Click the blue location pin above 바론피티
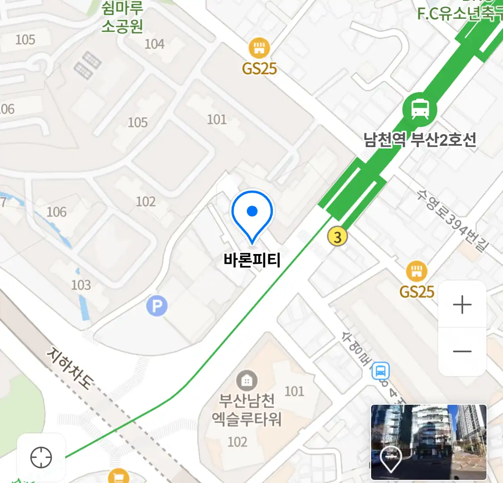(252, 214)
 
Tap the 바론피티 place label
(252, 260)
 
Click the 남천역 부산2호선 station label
(419, 140)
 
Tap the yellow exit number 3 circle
(338, 237)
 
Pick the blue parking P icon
(157, 306)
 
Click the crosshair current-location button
(41, 458)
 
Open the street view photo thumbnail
(428, 442)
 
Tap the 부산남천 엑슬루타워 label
(246, 410)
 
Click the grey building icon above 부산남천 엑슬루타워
(246, 381)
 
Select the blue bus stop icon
(381, 371)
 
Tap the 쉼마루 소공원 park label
(122, 17)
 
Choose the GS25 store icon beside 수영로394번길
(416, 271)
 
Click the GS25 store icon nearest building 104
(259, 48)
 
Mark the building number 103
(81, 285)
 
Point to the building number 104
(154, 44)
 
